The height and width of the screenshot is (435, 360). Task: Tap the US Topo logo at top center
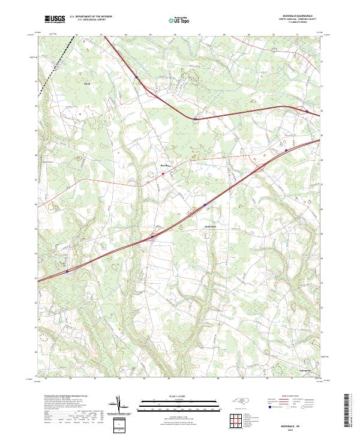coord(180,20)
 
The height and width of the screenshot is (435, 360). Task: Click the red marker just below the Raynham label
coord(163,173)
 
